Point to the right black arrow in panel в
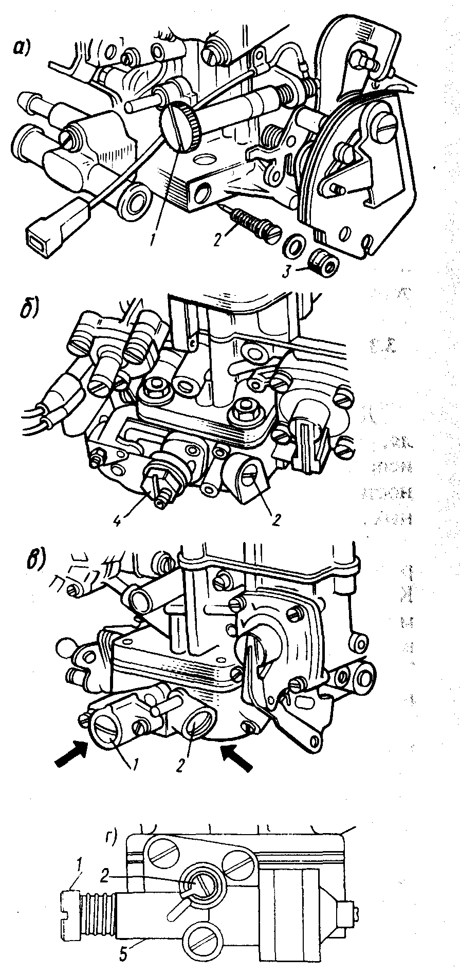pyautogui.click(x=237, y=763)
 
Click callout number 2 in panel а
pyautogui.click(x=219, y=240)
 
